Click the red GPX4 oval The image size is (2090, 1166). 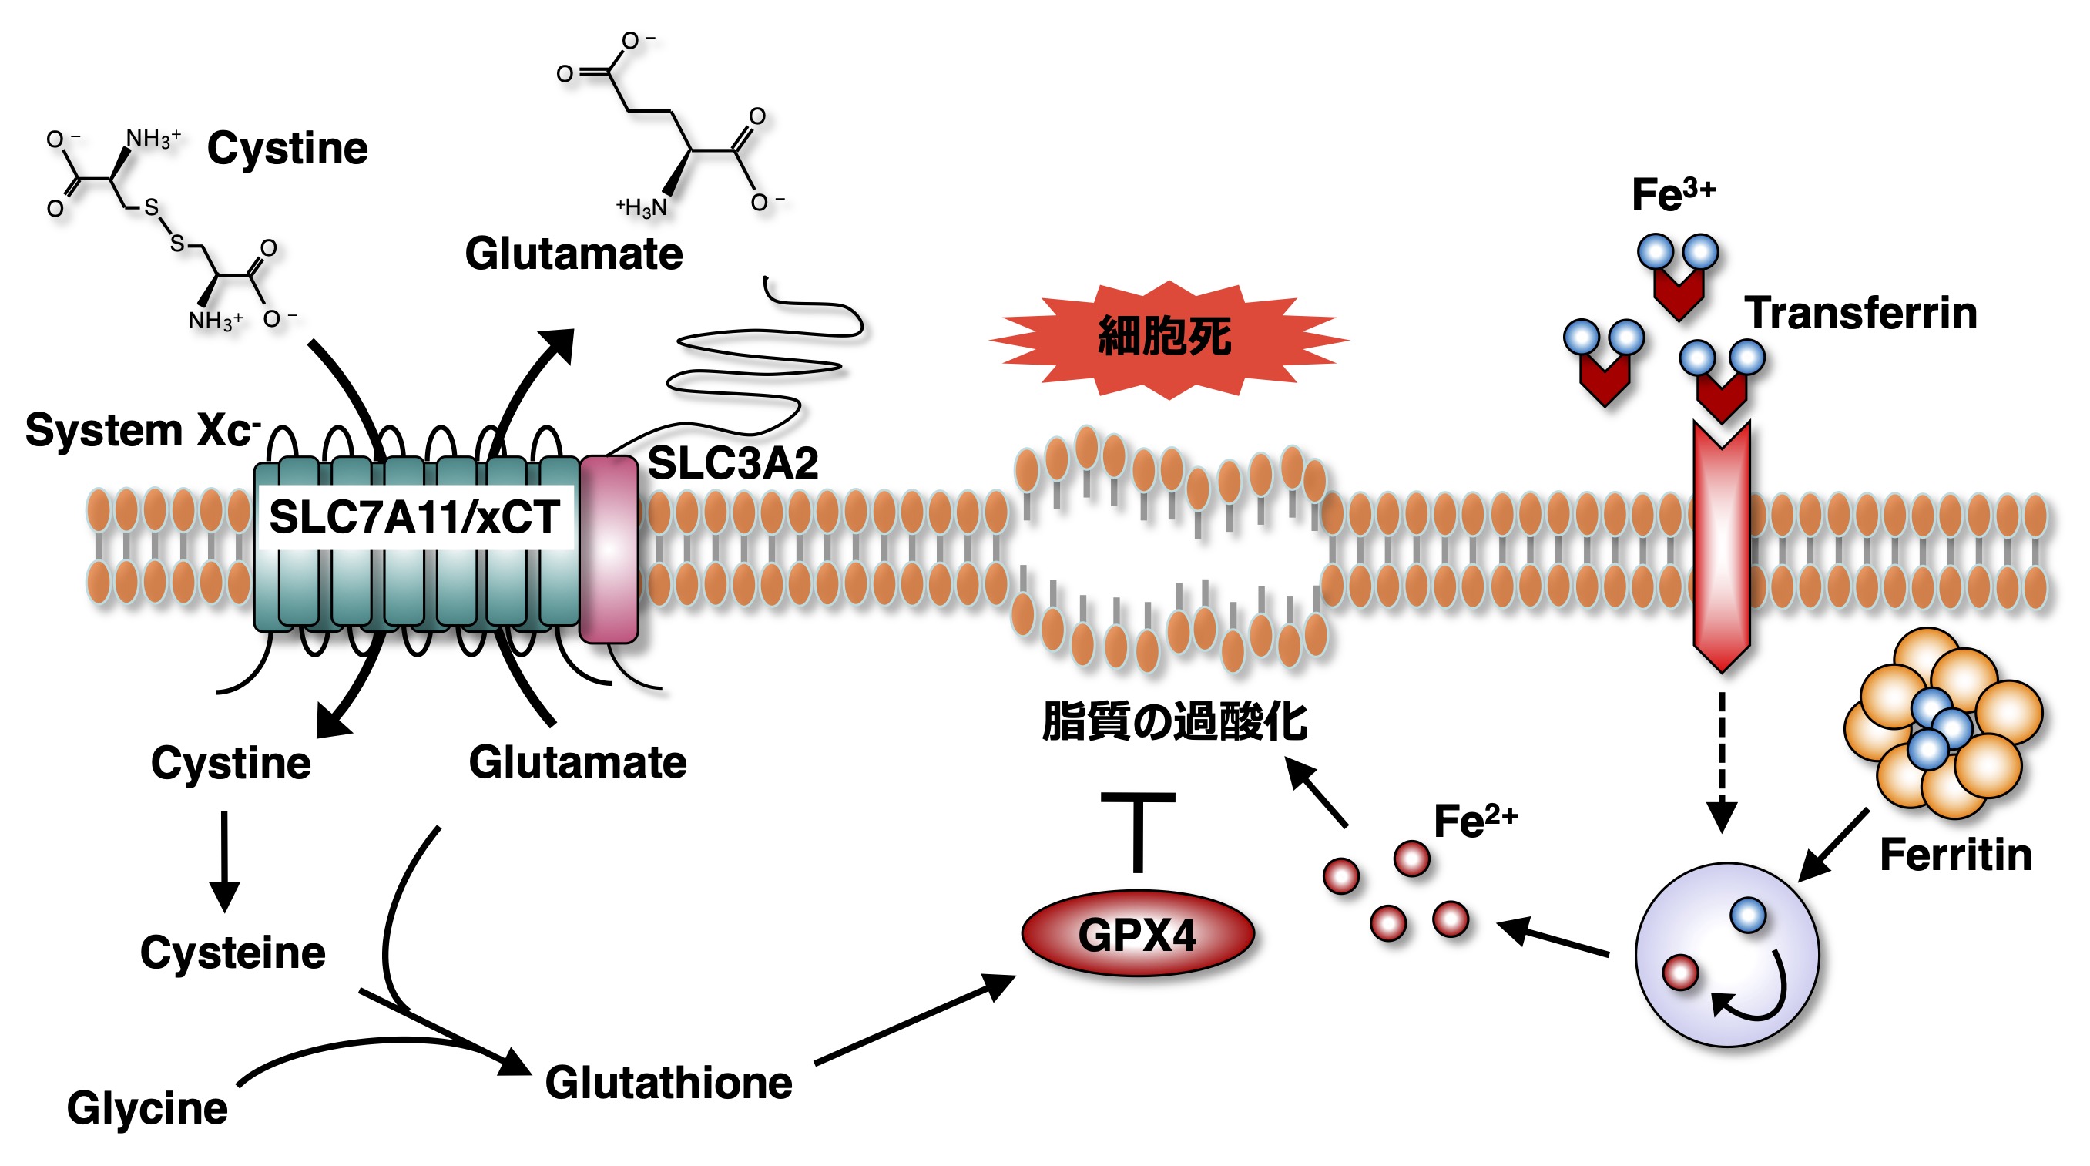tap(1138, 934)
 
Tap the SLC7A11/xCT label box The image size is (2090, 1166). tap(414, 517)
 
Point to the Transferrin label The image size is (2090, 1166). tap(1861, 313)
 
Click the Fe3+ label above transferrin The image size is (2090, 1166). tap(1673, 195)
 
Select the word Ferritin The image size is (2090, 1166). tap(1955, 855)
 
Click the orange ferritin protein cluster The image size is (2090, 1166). tap(1942, 724)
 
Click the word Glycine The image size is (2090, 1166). tap(148, 1108)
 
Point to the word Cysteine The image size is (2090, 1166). tap(233, 953)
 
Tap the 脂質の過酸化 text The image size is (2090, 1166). tap(1174, 721)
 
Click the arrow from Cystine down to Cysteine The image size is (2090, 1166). tap(225, 860)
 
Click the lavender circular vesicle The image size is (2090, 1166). tap(1726, 955)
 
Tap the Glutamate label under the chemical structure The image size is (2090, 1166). tap(574, 254)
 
